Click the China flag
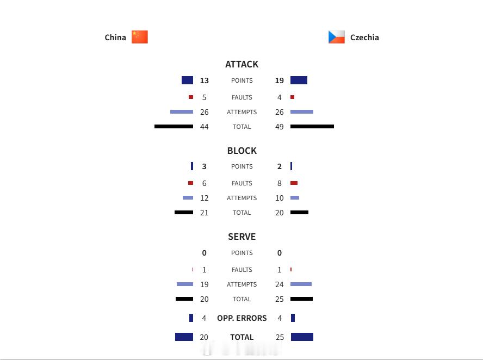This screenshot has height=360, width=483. point(140,37)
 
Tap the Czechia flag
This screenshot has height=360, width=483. point(336,37)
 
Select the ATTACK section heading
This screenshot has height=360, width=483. point(242,64)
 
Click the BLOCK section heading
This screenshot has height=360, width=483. point(242,151)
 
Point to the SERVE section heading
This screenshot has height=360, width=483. point(242,237)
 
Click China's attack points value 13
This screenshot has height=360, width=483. point(204,80)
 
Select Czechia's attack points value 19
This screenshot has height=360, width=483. point(280,80)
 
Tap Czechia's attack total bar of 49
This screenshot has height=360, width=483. point(312,126)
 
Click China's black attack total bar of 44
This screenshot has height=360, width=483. point(174,126)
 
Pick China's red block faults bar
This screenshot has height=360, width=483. point(191,183)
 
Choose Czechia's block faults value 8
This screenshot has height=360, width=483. point(280,183)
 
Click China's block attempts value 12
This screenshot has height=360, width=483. point(204,198)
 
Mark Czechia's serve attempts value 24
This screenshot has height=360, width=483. point(280,284)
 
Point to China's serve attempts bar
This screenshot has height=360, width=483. point(185,284)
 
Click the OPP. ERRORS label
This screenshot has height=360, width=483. point(242,318)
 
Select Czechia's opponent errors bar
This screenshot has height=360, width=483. point(293,318)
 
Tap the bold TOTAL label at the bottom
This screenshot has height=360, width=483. point(242,337)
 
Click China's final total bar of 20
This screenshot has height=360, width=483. point(184,337)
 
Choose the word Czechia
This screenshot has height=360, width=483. point(364,38)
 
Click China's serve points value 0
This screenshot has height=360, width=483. point(204,253)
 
